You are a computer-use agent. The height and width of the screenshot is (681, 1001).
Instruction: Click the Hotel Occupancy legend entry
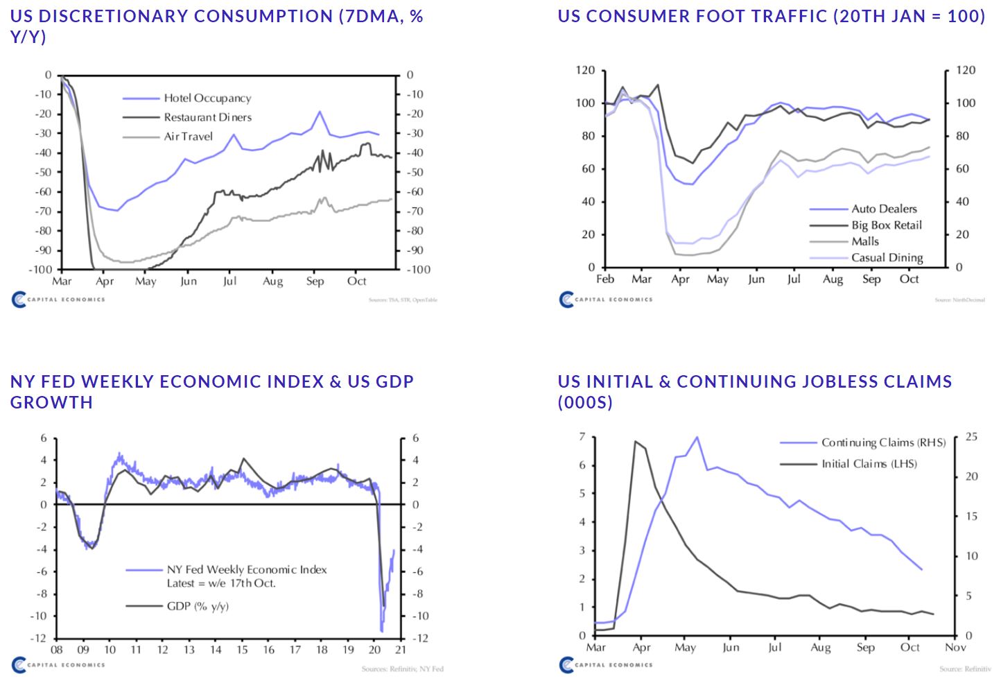[x=207, y=98]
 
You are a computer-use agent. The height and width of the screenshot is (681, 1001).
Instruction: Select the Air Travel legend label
[x=188, y=137]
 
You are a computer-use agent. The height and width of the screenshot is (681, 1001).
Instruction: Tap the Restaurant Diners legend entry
[x=207, y=117]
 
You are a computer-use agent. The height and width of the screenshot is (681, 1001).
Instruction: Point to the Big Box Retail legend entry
[x=887, y=225]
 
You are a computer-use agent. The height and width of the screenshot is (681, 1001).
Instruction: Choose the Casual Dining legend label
[x=887, y=257]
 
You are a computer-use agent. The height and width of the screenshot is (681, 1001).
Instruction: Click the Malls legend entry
[x=865, y=241]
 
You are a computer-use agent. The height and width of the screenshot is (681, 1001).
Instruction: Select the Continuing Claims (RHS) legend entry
[x=883, y=442]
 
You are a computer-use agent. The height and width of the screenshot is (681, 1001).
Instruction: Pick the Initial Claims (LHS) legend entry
[x=869, y=464]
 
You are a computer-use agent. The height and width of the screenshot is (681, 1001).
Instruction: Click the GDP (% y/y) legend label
[x=198, y=606]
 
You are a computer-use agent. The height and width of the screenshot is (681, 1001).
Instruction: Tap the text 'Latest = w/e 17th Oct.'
[x=221, y=583]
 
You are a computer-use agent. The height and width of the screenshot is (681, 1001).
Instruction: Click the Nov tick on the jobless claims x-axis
[x=955, y=648]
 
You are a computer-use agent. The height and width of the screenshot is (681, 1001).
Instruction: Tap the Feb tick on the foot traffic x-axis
[x=605, y=279]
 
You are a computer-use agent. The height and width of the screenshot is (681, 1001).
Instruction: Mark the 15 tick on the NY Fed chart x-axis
[x=242, y=650]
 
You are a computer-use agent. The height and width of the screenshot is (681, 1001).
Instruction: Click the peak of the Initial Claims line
[x=636, y=441]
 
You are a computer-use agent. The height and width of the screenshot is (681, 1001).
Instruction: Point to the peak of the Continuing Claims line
[x=696, y=437]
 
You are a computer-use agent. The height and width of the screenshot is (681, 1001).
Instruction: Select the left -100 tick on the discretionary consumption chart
[x=41, y=269]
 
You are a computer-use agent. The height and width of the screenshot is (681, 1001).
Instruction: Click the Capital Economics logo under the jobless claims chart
[x=606, y=665]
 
